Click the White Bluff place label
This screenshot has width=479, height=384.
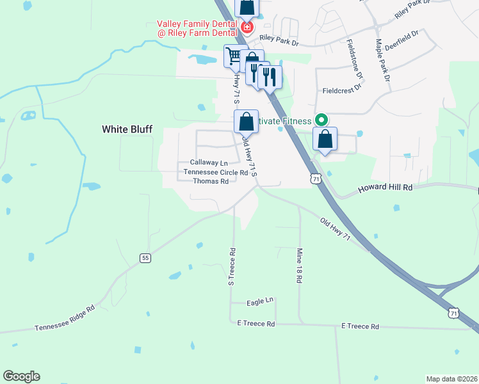click(127, 129)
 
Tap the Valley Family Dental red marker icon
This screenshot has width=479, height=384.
click(247, 28)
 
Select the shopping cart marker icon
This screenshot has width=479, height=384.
click(235, 56)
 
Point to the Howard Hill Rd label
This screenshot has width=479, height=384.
click(385, 188)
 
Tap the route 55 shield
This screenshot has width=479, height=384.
click(145, 257)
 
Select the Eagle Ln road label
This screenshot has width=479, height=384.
click(260, 300)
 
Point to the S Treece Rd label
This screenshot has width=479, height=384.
click(232, 266)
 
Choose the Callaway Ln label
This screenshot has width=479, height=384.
click(209, 163)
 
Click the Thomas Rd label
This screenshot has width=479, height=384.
click(211, 181)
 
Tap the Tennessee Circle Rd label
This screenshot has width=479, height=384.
click(216, 172)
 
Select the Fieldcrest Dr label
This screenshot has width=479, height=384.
click(343, 91)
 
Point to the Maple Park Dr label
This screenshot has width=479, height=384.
click(384, 60)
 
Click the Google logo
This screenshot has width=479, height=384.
click(21, 376)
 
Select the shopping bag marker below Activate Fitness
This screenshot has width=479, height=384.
click(325, 140)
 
